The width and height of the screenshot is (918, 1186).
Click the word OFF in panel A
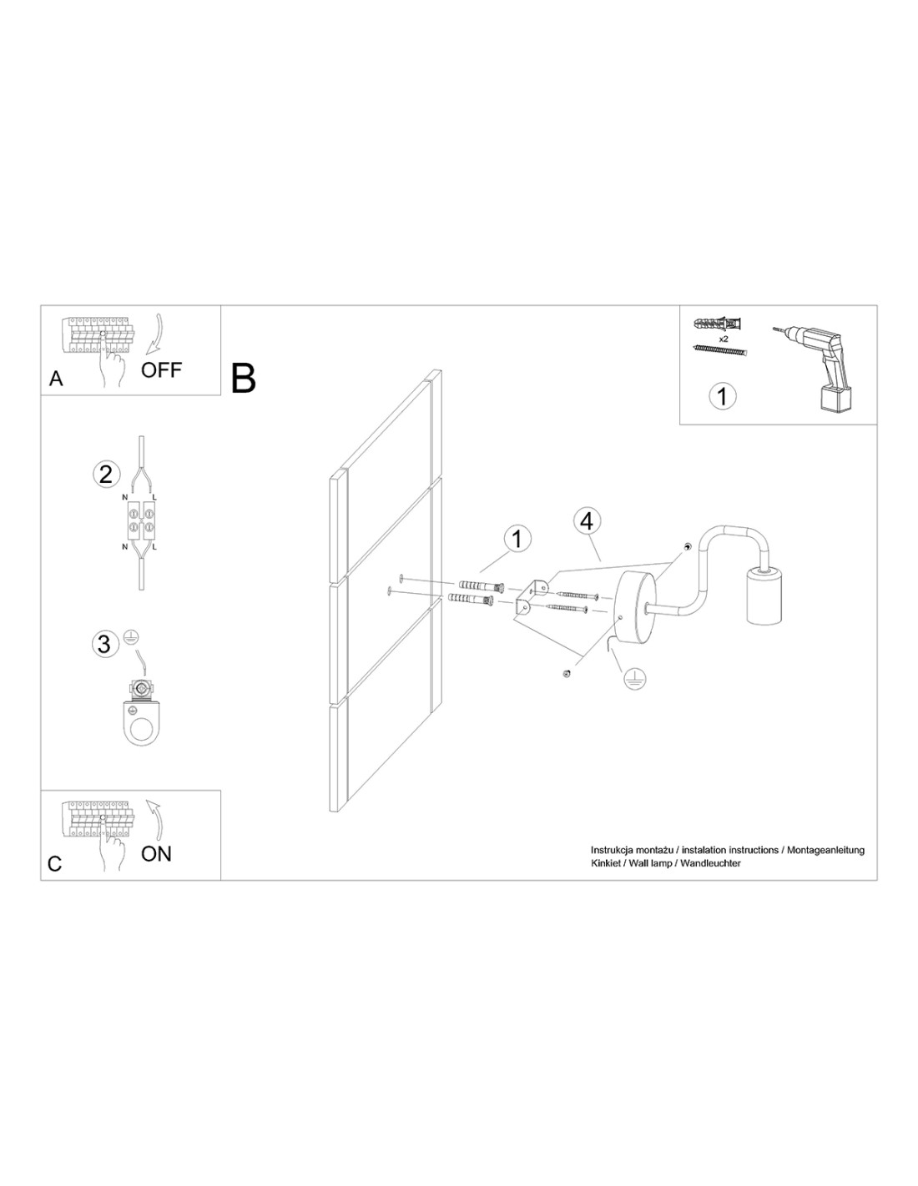coord(161,370)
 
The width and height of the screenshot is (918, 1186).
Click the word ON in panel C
coord(156,853)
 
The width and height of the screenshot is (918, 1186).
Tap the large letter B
coord(243,378)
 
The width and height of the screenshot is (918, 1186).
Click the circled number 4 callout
coord(587,522)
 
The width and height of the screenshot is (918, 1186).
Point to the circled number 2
coord(106,474)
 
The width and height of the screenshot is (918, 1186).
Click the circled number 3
coord(103,643)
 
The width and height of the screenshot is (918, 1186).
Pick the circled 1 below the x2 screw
coord(723,395)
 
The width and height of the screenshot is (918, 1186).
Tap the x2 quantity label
coord(724,339)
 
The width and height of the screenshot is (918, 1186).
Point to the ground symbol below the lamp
coord(633,679)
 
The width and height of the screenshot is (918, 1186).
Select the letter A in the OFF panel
coord(56,379)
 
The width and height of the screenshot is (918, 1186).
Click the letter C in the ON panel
coord(54,864)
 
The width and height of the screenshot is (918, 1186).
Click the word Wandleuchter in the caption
coord(711,863)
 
